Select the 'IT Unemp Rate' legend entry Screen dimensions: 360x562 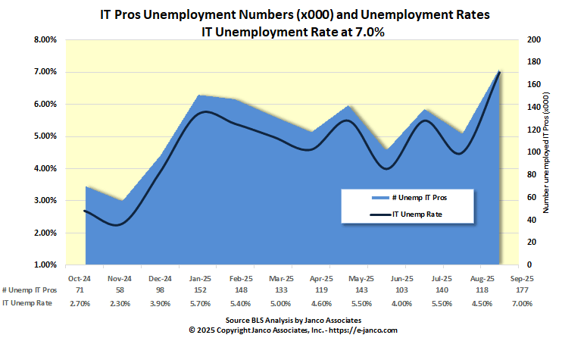417,214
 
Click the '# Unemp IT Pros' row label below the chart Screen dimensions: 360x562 30,290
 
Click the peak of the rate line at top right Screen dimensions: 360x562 500,71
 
